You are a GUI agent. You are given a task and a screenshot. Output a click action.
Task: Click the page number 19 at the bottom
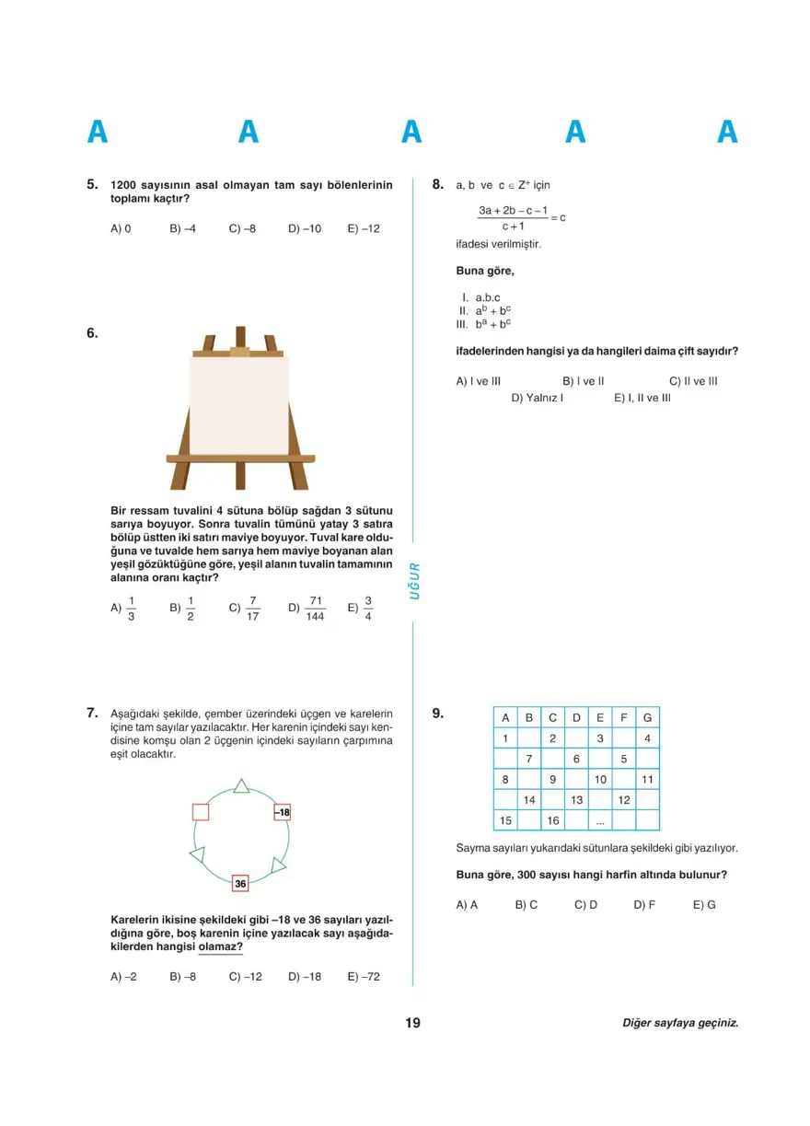(411, 1022)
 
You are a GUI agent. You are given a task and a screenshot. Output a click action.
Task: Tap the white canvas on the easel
(239, 405)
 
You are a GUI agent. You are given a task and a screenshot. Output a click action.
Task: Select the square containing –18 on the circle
(282, 812)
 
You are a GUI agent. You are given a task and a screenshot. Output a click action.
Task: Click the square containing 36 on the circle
(240, 883)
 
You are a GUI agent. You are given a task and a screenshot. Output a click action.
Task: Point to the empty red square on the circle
(201, 812)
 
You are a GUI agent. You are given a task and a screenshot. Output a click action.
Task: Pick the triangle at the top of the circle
(241, 785)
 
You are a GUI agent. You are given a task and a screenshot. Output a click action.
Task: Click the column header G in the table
(647, 717)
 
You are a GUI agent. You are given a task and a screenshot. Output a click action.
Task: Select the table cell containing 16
(553, 820)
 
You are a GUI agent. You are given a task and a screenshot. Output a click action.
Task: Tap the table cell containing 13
(576, 799)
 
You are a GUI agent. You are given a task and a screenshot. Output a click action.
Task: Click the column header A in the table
(505, 717)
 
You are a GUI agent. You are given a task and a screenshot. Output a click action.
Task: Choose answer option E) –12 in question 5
(364, 228)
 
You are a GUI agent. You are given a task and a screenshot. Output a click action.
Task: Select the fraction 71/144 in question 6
(316, 608)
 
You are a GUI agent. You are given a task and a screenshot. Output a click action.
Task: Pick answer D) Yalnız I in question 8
(538, 398)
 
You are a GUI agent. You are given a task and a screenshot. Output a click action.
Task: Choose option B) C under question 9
(526, 904)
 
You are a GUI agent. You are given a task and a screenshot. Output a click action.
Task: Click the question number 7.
(92, 712)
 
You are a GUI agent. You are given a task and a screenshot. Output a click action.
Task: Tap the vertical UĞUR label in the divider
(414, 581)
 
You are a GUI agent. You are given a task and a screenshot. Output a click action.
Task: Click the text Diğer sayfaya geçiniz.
(680, 1022)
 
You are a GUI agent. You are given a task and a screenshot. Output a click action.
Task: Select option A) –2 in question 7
(123, 976)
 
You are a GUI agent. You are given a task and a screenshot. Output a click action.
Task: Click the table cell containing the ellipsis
(600, 820)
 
